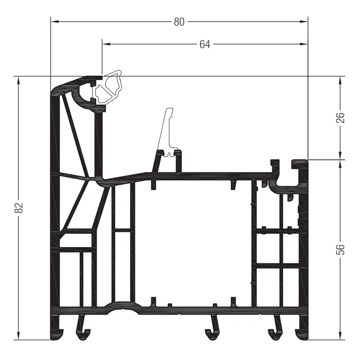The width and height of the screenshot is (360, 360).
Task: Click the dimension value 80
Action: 179,22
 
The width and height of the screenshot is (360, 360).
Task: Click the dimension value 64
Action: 205,44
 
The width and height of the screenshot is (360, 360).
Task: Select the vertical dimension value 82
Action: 19,207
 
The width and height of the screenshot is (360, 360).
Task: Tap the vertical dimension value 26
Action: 341,117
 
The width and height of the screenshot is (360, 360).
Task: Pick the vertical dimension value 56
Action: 341,249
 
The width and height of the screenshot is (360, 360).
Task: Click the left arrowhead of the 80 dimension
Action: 55,22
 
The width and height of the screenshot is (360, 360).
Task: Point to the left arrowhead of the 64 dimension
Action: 107,44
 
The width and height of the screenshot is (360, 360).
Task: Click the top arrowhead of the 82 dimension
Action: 19,81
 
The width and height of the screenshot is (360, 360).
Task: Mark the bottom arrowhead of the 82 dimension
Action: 19,335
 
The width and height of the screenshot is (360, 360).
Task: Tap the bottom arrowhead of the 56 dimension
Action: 340,335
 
